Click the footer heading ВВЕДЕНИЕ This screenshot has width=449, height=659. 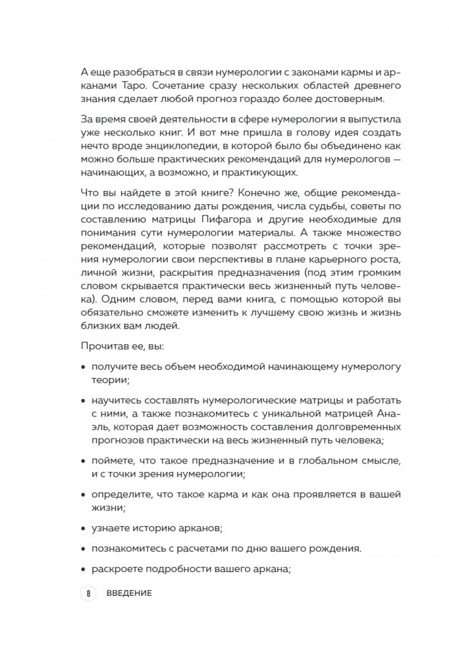[129, 593]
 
